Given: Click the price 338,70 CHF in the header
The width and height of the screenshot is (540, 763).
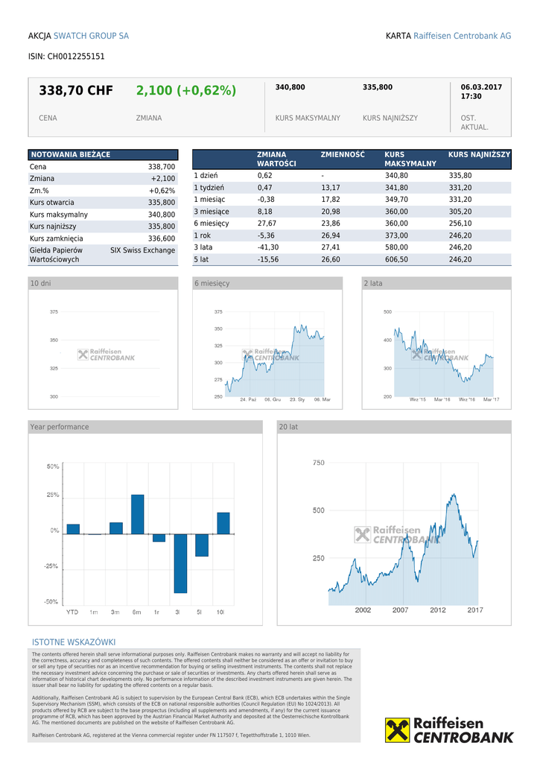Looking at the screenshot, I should click(76, 91).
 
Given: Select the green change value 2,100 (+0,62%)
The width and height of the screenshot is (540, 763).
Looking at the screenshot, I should click(185, 91).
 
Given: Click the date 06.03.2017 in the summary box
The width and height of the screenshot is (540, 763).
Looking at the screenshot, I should click(481, 87).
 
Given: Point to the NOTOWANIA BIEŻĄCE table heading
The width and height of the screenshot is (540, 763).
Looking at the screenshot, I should click(70, 154).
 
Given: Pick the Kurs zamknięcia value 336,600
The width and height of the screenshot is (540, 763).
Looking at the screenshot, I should click(162, 238).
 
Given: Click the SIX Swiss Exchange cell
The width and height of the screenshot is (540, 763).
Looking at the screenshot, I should click(142, 250).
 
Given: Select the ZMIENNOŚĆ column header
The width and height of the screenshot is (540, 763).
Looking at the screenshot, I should click(343, 154).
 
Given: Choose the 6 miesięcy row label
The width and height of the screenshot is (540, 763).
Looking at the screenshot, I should click(212, 223).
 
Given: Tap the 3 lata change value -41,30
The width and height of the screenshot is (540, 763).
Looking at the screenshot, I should click(268, 247).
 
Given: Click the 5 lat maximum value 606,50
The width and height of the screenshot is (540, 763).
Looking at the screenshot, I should click(396, 259).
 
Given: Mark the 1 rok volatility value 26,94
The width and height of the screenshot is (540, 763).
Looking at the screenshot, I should click(331, 235).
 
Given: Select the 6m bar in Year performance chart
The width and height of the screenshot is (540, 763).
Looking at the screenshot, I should click(137, 514).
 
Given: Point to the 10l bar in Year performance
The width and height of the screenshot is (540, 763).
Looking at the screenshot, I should click(223, 523).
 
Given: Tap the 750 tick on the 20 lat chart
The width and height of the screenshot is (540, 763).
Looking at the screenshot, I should click(318, 463).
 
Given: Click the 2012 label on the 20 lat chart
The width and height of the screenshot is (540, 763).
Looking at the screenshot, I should click(438, 610).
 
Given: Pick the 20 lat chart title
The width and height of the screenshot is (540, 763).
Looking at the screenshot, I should click(288, 427).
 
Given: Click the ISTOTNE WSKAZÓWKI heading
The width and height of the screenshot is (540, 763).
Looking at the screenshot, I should click(74, 642).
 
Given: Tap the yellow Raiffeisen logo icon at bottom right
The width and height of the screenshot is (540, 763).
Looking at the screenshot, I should click(398, 730).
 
